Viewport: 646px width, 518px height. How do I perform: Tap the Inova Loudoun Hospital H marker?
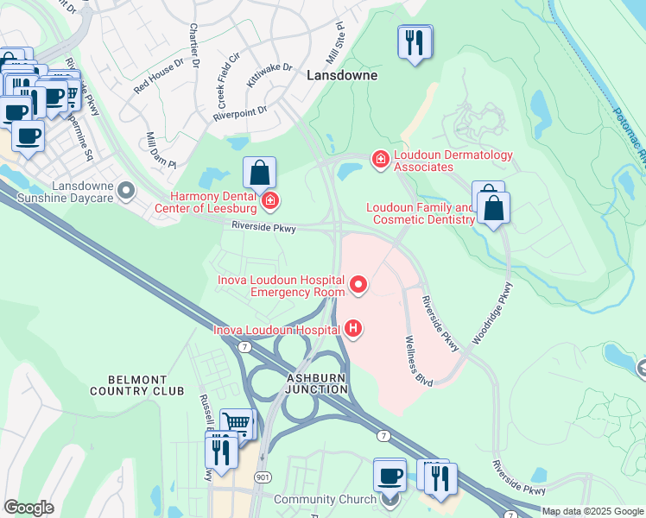(x=352, y=328)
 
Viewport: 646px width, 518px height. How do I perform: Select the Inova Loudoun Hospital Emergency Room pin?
(x=358, y=284)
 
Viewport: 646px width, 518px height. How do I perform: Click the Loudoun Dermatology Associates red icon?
(x=379, y=159)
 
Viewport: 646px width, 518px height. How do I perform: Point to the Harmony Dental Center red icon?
(x=270, y=203)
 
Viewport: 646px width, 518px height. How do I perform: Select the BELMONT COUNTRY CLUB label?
(x=136, y=385)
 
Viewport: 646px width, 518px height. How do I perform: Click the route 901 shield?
(x=263, y=477)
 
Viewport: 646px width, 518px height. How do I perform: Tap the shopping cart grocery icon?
(x=237, y=424)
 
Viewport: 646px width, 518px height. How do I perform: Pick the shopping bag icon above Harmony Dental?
(x=260, y=173)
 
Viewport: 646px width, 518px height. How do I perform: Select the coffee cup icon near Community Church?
(x=389, y=475)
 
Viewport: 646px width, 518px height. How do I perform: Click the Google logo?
(x=28, y=508)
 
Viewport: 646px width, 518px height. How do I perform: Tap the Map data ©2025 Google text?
(x=592, y=511)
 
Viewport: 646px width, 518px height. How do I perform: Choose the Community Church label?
(x=325, y=499)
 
